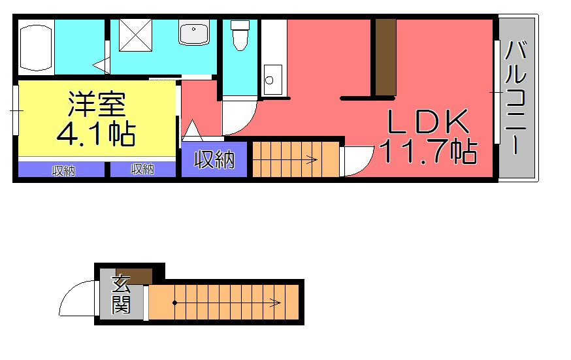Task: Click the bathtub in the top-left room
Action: point(36,48)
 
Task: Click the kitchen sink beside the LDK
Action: point(272,80)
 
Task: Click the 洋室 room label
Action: point(97,105)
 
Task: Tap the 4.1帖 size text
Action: point(96,134)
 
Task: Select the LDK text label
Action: point(427,122)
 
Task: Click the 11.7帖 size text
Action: point(427,152)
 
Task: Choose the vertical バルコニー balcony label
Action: point(516,98)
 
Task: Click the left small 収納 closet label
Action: point(63,171)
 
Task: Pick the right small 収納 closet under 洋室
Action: point(142,170)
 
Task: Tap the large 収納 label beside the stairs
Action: point(214,159)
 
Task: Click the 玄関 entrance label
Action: point(122,294)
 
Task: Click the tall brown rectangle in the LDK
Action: point(385,57)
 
